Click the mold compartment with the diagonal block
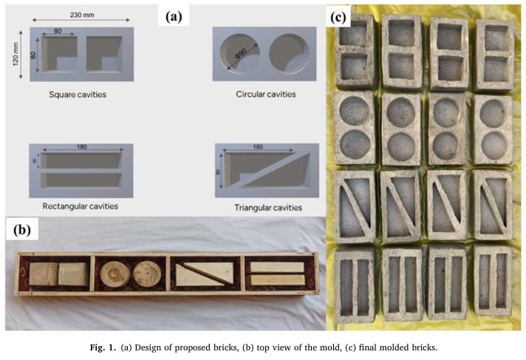tap(202, 274)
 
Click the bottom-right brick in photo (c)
tap(493, 286)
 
